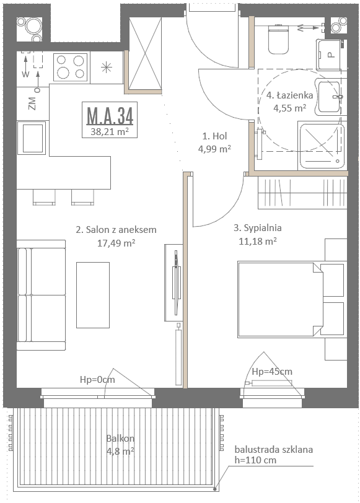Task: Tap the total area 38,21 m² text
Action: tap(110, 131)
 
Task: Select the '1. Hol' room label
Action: tap(214, 136)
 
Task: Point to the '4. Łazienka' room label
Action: tap(290, 95)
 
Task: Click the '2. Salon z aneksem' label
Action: tap(116, 230)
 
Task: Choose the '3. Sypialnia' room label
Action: tap(258, 228)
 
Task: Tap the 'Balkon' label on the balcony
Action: tap(120, 438)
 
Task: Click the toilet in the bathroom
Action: tap(278, 39)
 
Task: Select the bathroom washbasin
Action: tap(328, 97)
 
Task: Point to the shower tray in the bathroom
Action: tap(322, 146)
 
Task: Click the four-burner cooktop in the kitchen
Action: tap(70, 67)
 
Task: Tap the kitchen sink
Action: tap(32, 138)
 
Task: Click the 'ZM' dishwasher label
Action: tap(32, 103)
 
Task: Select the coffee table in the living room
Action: tap(93, 295)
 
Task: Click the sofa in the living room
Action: tap(41, 295)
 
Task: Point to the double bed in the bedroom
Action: tap(280, 300)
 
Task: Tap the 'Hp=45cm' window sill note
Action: tap(272, 372)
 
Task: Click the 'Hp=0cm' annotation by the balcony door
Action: tap(97, 380)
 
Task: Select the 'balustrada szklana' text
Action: tap(274, 450)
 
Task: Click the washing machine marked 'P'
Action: tap(330, 55)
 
